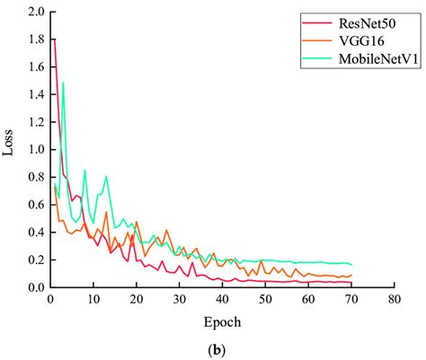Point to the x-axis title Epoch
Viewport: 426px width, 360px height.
pyautogui.click(x=222, y=321)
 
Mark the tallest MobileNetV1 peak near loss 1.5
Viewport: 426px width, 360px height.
pyautogui.click(x=63, y=83)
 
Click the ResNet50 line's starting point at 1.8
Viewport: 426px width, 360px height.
pyautogui.click(x=54, y=40)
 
